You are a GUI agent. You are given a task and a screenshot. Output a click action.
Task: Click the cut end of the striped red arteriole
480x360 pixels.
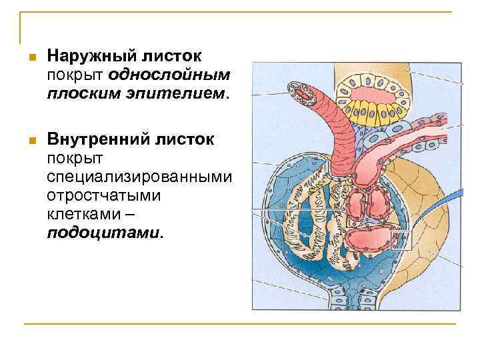(x=302, y=93)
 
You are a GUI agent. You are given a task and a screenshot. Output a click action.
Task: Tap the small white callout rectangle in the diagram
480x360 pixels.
(x=401, y=239)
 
